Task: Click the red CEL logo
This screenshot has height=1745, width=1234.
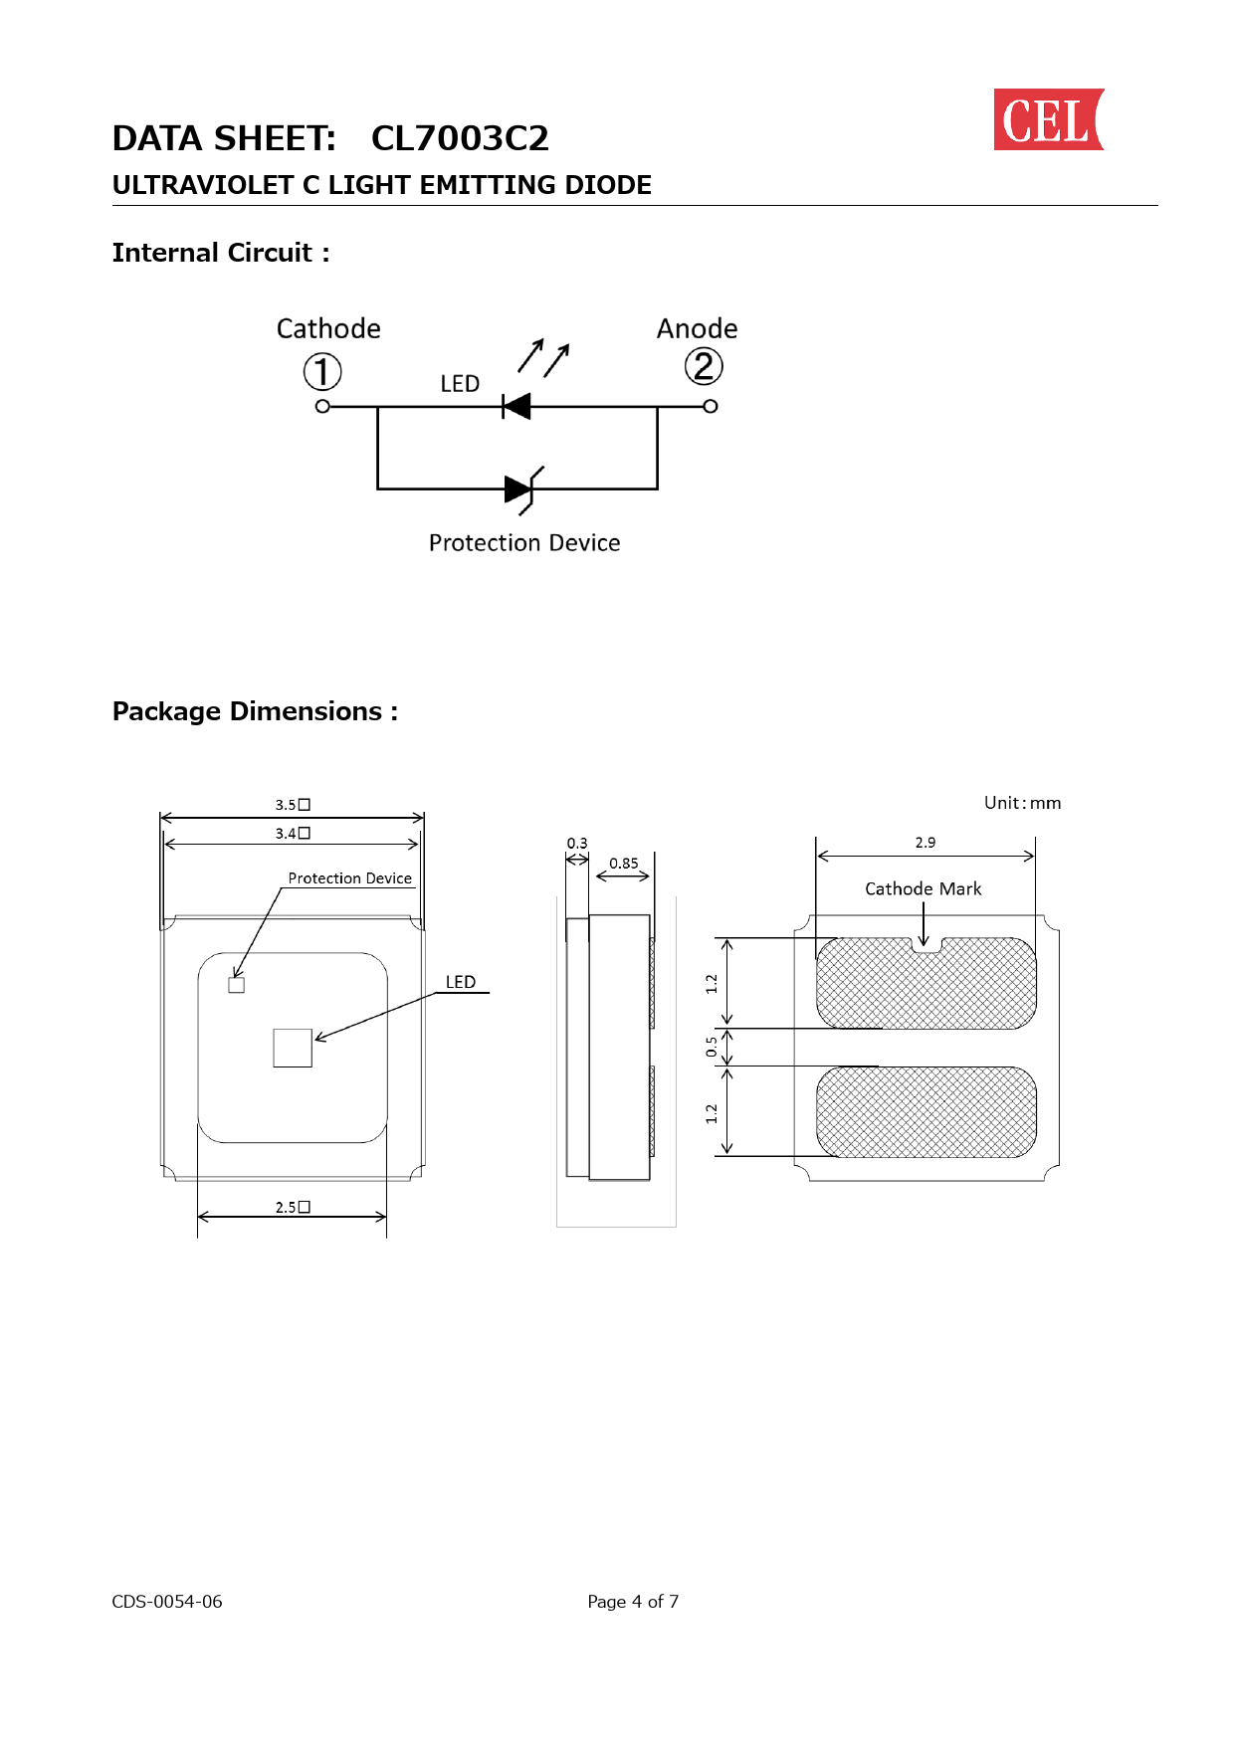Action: [x=1049, y=119]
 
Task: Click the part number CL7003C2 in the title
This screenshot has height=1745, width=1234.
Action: [x=460, y=138]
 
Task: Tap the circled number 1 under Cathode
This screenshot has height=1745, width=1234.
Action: [x=322, y=372]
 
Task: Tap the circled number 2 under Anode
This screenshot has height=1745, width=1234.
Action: [x=704, y=367]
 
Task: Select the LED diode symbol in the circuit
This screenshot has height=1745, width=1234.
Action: [x=516, y=406]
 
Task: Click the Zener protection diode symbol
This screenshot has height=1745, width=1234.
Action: [x=522, y=489]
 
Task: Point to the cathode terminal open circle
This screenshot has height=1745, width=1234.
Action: [x=322, y=406]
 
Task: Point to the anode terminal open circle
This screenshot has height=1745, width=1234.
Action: [x=711, y=406]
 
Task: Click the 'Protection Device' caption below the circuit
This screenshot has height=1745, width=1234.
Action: [x=524, y=543]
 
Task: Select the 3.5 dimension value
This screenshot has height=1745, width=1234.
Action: [x=293, y=805]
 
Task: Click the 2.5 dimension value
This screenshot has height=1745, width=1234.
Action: [x=293, y=1207]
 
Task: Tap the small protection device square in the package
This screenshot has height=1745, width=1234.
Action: [x=237, y=985]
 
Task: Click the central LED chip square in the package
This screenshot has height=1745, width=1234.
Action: [x=293, y=1048]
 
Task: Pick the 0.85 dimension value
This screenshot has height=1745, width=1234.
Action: [x=624, y=864]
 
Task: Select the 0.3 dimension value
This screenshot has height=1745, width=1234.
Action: [x=577, y=843]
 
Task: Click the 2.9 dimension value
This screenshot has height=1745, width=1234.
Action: [x=925, y=843]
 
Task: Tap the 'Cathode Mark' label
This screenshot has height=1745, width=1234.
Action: [x=924, y=888]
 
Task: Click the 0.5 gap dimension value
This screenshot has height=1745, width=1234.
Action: [x=712, y=1047]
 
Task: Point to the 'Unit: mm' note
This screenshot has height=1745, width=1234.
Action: [x=1023, y=803]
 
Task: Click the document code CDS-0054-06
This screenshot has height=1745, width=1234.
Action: [x=167, y=1602]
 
